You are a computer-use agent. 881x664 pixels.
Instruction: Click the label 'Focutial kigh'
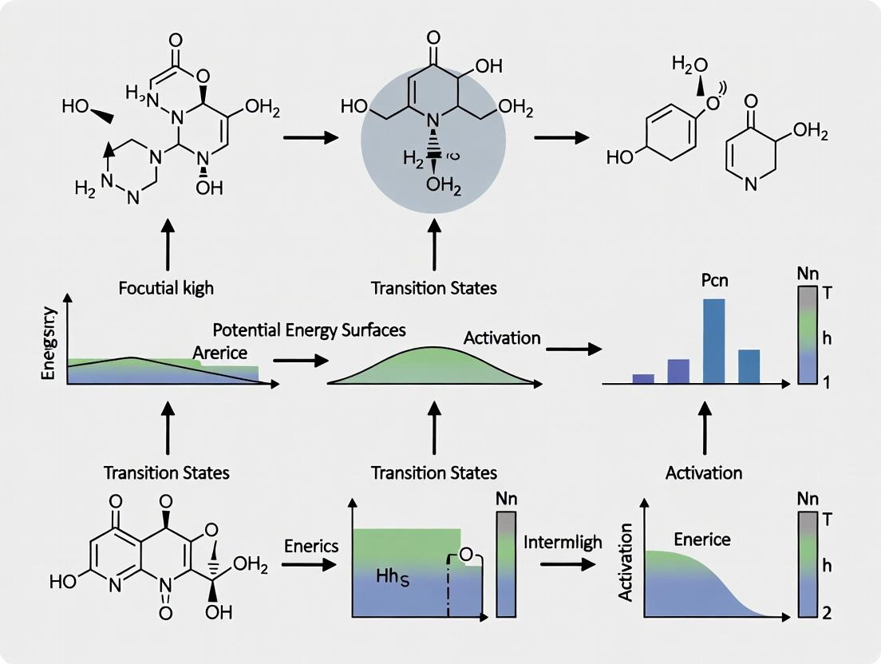[x=166, y=287]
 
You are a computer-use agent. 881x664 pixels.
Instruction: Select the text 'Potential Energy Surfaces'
[x=310, y=330]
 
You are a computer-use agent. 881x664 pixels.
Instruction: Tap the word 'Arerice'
[x=220, y=351]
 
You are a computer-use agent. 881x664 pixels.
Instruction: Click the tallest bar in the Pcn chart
[x=713, y=341]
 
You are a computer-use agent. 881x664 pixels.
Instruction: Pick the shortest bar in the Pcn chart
[x=643, y=378]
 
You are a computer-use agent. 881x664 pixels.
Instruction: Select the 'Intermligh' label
[x=563, y=543]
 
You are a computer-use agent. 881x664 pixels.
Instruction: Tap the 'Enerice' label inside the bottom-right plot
[x=702, y=539]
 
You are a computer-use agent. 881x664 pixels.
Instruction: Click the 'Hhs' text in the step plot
[x=394, y=575]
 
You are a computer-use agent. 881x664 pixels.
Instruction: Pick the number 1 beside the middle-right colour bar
[x=827, y=381]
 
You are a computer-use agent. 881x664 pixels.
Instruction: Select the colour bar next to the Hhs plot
[x=507, y=565]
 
